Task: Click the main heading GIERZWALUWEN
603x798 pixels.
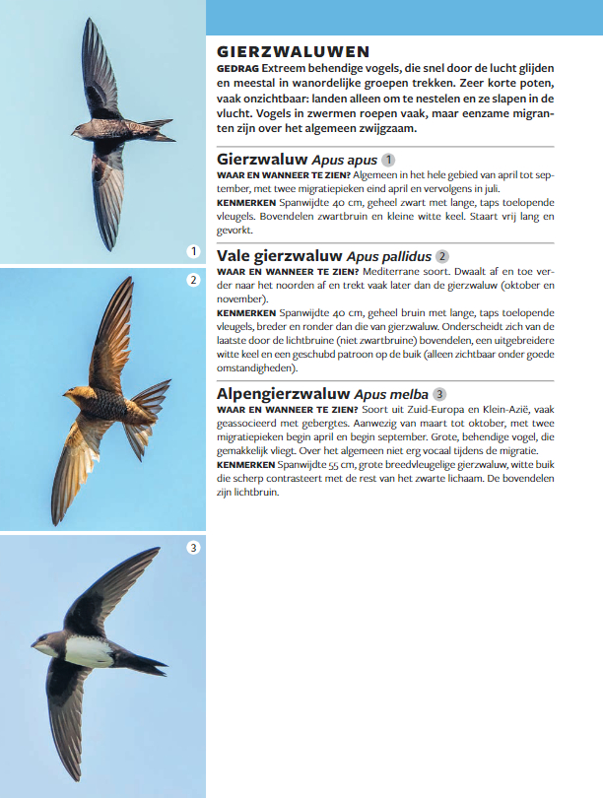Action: (x=293, y=51)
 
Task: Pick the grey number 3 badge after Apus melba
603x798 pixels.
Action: (x=439, y=393)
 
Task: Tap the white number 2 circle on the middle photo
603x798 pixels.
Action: (x=193, y=280)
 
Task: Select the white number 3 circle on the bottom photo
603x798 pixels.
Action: (x=193, y=547)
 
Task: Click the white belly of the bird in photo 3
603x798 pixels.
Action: (x=90, y=650)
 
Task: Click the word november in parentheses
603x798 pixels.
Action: (x=240, y=298)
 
